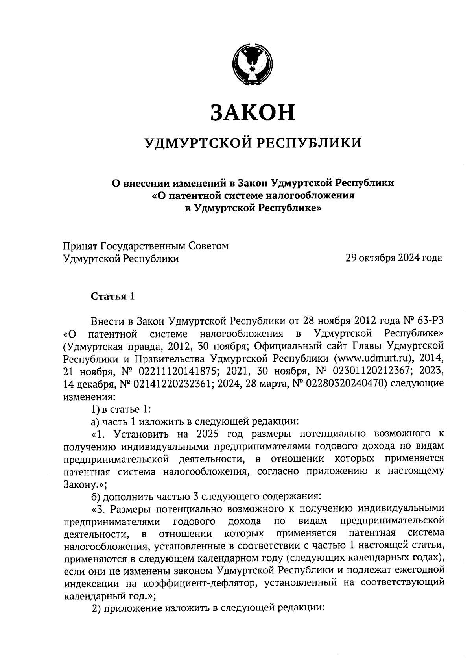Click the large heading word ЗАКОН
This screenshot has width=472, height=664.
[253, 112]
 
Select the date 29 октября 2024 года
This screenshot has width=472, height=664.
[393, 258]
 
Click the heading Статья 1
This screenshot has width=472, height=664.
[113, 296]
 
